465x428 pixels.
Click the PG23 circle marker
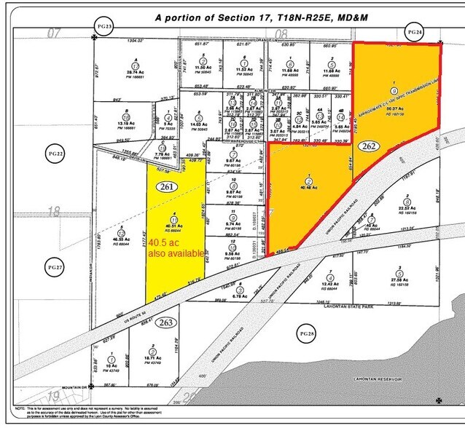(x=104, y=25)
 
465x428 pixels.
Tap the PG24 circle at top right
(x=414, y=32)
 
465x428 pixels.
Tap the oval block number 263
(x=167, y=322)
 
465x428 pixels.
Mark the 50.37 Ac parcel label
(x=396, y=108)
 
